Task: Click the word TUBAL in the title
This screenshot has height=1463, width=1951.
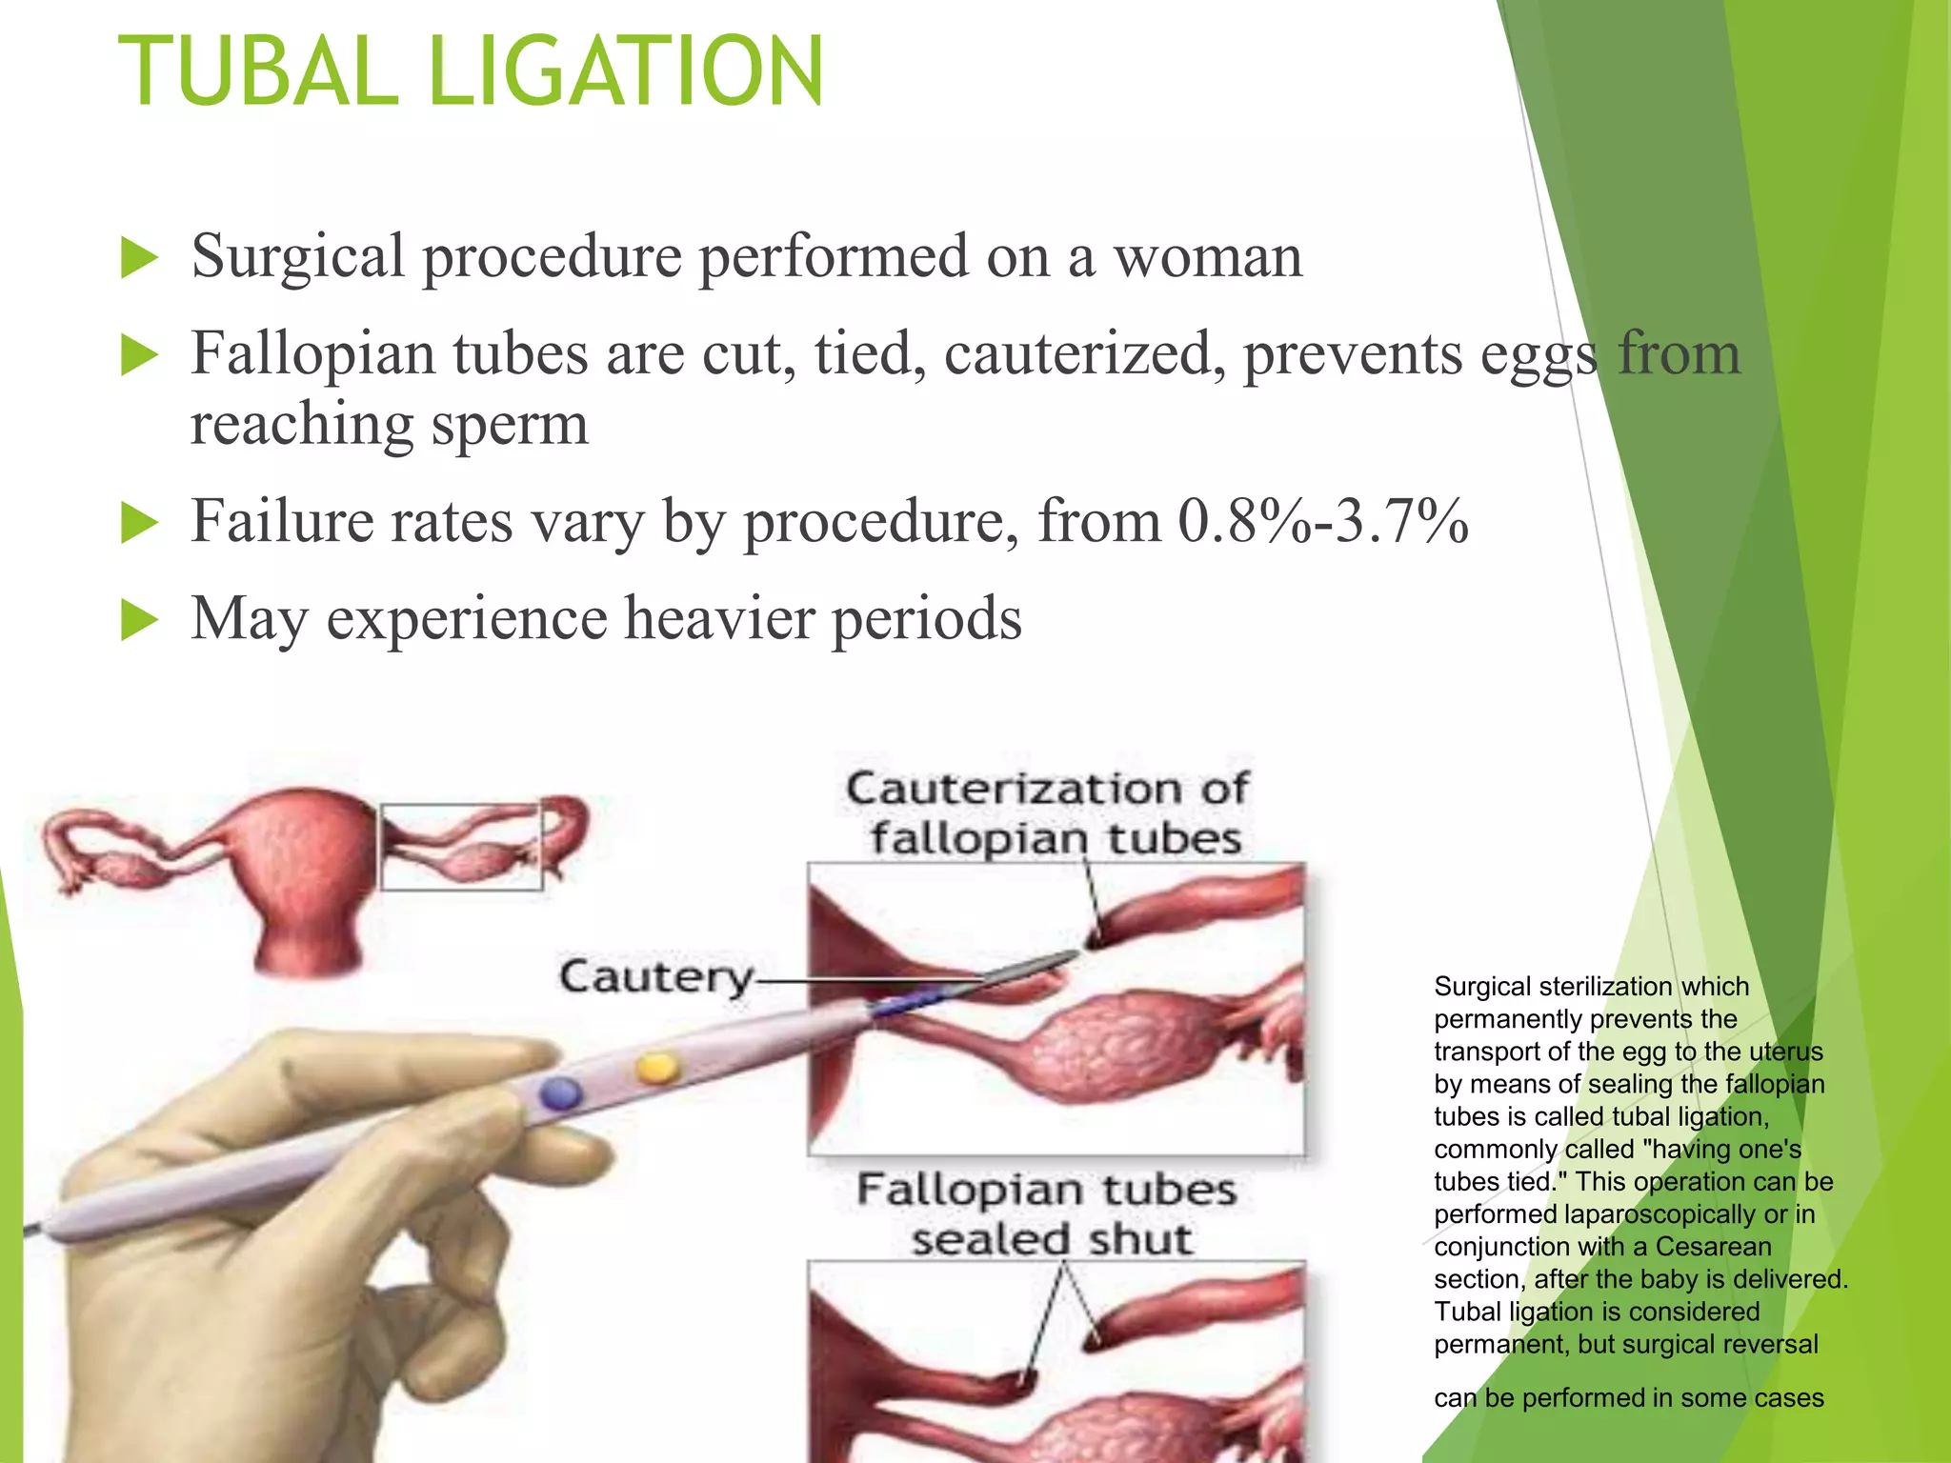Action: [257, 71]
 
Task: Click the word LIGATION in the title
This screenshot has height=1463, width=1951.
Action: [626, 71]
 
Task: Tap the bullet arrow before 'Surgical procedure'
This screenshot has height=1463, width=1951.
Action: [139, 259]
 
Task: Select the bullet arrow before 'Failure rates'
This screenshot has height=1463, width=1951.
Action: [139, 524]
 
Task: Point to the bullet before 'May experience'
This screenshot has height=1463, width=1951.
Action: [139, 621]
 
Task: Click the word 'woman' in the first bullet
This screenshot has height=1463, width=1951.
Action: [1207, 257]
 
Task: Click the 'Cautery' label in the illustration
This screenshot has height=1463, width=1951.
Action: [655, 977]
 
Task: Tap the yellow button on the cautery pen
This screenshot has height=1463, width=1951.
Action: [656, 1068]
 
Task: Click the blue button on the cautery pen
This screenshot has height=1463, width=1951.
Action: [560, 1092]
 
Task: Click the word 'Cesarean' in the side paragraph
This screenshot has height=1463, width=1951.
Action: [1713, 1247]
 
